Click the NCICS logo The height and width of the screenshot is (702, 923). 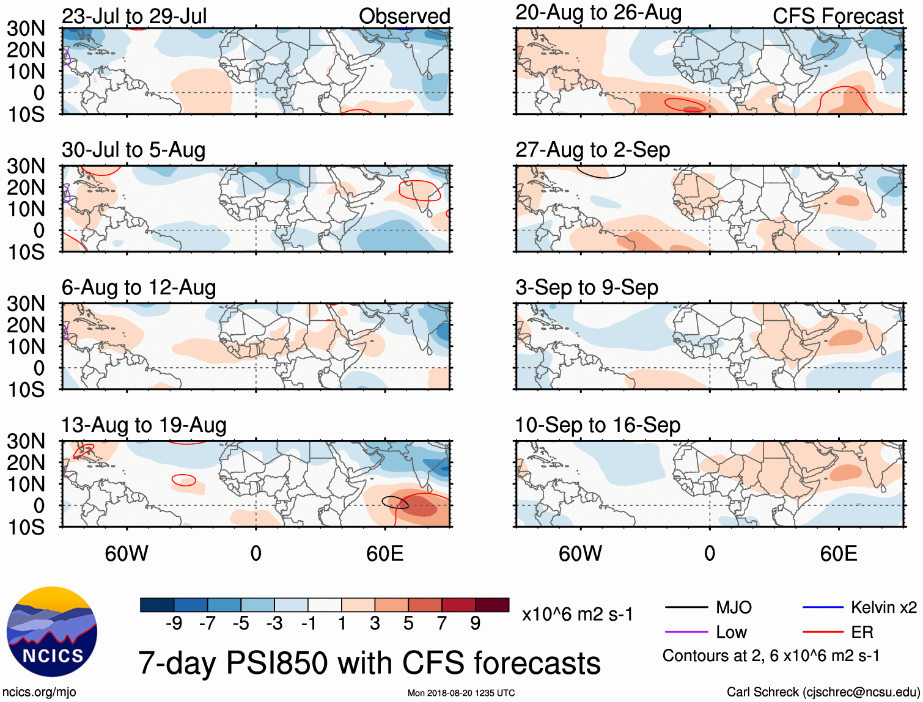(x=52, y=632)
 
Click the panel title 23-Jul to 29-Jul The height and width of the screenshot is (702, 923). (x=134, y=16)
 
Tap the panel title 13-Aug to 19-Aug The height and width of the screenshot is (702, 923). (x=144, y=425)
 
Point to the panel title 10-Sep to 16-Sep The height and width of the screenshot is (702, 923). (x=597, y=425)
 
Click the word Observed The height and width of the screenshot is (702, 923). (x=404, y=16)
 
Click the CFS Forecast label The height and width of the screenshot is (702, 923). (x=837, y=16)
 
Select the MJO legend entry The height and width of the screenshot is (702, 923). (x=709, y=607)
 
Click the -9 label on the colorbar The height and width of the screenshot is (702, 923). (x=174, y=623)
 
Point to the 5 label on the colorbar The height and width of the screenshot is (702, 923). (x=408, y=623)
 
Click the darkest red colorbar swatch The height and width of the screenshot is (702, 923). (x=492, y=605)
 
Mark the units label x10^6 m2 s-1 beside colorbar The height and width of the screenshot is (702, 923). (x=577, y=614)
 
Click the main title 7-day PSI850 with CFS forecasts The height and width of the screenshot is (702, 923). (x=369, y=663)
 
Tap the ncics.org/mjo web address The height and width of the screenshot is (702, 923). (x=39, y=692)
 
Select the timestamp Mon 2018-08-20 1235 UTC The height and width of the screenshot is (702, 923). (x=461, y=693)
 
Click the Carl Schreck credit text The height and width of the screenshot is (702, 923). (x=823, y=692)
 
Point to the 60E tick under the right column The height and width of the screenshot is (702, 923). (x=838, y=554)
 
